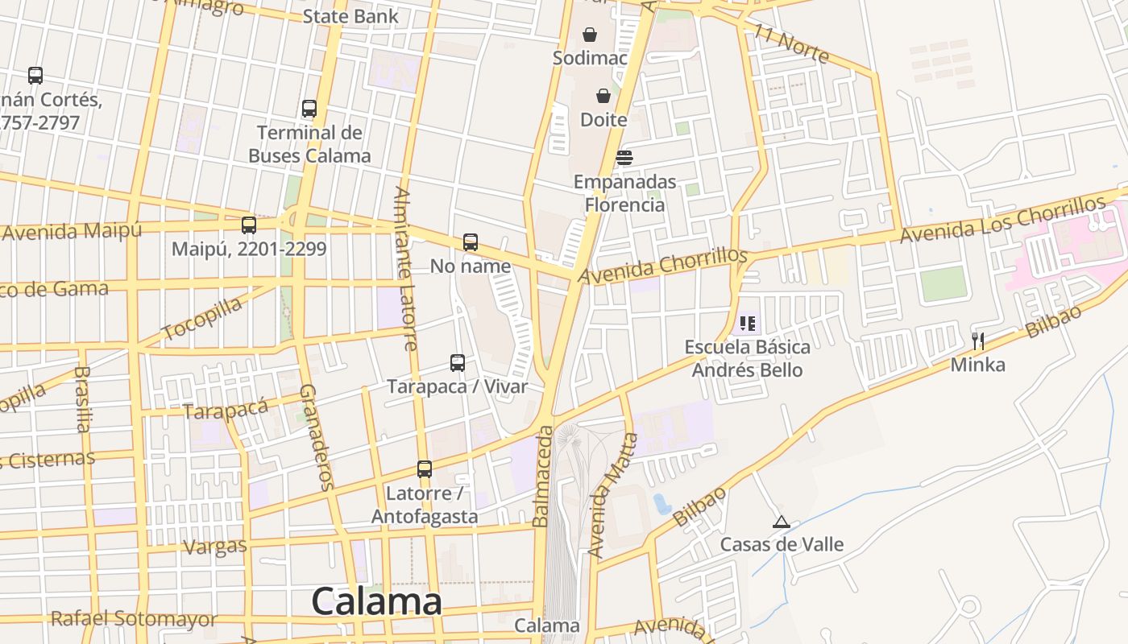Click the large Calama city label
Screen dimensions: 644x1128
[376, 601]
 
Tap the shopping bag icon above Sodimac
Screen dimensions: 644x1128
[590, 35]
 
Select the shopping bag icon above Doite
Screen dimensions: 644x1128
[603, 96]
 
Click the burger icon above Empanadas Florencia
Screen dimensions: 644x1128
[624, 157]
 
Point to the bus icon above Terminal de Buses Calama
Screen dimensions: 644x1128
[309, 109]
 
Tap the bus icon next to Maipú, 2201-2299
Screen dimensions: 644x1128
[249, 225]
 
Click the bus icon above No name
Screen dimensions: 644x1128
[471, 242]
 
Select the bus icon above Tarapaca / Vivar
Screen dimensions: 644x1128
[458, 363]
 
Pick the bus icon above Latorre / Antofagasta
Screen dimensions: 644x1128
[425, 469]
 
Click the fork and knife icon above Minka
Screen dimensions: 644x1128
[978, 341]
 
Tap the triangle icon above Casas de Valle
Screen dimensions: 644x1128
[781, 522]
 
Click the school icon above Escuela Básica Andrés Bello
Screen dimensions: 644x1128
[748, 324]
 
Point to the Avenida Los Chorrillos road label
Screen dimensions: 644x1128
[1013, 218]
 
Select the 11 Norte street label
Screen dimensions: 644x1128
[792, 43]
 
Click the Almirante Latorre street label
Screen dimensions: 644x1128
[405, 268]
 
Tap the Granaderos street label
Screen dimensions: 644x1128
[316, 436]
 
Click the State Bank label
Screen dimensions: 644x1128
[350, 16]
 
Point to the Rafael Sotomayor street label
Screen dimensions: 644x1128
[134, 619]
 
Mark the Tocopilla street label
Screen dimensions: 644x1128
[201, 318]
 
